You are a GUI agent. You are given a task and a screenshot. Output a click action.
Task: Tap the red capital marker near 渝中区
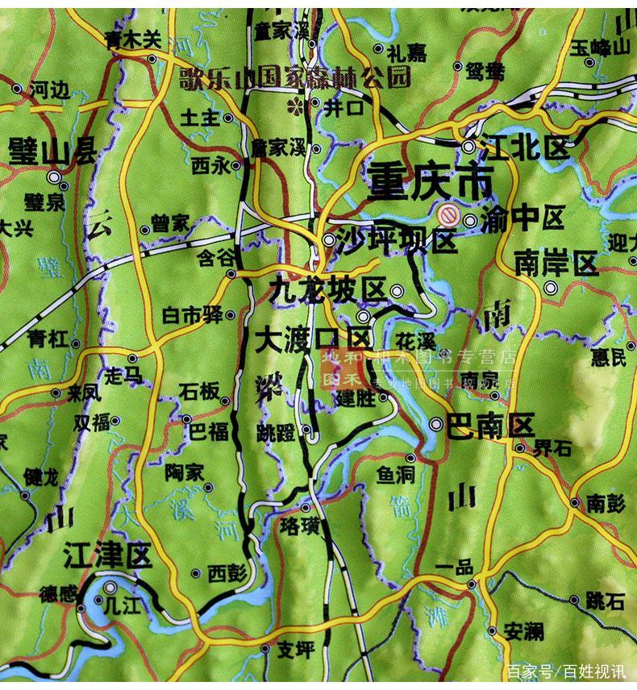coord(448,216)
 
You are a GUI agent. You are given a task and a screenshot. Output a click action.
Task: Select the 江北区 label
coord(524,148)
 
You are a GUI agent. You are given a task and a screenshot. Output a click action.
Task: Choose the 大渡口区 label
coord(311,339)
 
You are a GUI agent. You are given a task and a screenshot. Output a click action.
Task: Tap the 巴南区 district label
coord(490,424)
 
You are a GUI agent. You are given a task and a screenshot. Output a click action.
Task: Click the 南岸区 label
coord(556,264)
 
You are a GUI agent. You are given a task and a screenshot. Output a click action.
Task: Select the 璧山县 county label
coord(52,151)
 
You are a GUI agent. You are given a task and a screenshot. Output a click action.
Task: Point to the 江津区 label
coord(106,555)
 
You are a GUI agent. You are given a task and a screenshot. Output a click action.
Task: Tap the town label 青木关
coord(132,37)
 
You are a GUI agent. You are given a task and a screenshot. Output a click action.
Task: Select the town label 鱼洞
coord(395,476)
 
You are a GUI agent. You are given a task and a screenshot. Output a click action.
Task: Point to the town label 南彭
coord(606,503)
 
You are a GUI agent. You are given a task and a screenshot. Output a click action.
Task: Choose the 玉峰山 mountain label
coord(599,47)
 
